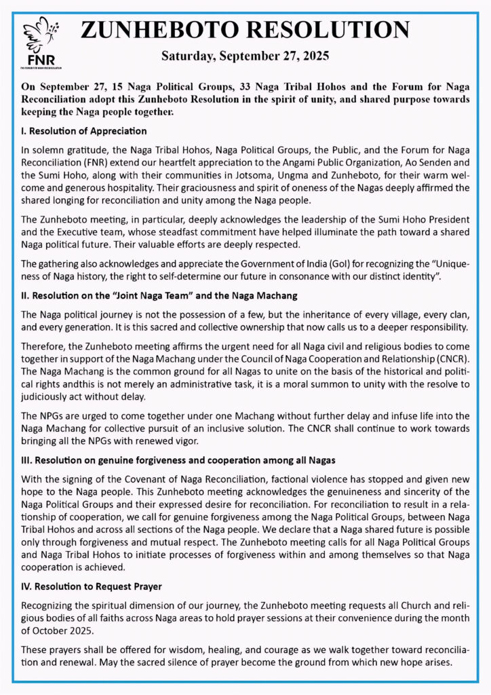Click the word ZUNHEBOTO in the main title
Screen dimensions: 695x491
pos(159,30)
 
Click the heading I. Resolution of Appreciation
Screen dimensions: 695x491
pos(84,130)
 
